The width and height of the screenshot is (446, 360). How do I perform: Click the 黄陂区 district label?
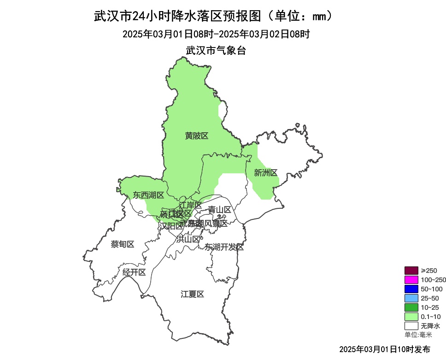tap(197, 136)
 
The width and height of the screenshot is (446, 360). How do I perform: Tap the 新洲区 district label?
tap(266, 173)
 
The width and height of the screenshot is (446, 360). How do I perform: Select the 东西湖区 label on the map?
tap(148, 195)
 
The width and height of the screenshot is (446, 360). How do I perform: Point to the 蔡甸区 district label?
tap(123, 244)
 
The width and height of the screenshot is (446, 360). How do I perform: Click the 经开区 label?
tap(134, 272)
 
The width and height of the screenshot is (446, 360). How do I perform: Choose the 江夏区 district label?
tap(192, 294)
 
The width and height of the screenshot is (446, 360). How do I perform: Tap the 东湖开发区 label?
tap(224, 247)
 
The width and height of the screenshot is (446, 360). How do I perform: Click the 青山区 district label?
tap(219, 210)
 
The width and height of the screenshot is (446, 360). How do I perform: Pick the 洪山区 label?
tap(188, 239)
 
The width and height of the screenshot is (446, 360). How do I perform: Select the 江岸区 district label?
tap(190, 205)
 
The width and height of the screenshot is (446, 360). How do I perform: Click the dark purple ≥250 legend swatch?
tap(411, 271)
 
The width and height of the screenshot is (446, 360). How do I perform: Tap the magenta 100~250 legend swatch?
tap(411, 280)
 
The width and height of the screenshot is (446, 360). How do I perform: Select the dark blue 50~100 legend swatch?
tap(411, 289)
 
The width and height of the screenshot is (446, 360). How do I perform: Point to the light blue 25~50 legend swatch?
tap(411, 298)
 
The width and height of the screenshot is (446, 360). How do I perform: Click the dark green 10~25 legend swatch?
tap(411, 307)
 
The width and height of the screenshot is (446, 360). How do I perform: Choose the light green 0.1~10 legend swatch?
tap(411, 317)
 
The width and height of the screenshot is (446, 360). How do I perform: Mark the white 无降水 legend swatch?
tap(411, 326)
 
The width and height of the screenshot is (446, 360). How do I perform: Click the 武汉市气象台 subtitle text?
tap(216, 50)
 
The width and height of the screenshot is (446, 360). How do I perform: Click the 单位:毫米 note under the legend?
tap(418, 335)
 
